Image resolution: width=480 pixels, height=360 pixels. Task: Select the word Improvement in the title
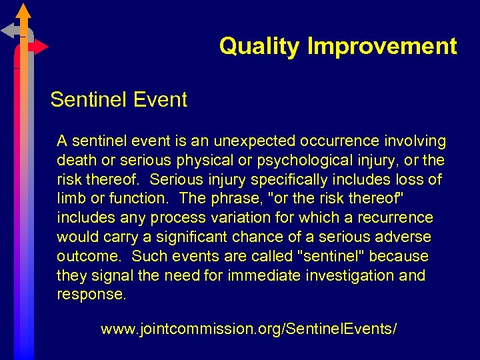pos(382,47)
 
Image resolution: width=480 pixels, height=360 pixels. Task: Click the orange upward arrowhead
pos(23,11)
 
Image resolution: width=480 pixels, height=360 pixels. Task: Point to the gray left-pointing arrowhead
pos(8,30)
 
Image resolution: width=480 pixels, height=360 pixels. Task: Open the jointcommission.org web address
pos(249,329)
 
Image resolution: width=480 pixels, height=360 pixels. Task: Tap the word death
pos(74,161)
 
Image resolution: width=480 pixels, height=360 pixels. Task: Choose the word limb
pos(70,199)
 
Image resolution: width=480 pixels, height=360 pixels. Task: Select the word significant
pos(203,237)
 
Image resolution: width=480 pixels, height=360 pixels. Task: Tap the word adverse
pos(408,237)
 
